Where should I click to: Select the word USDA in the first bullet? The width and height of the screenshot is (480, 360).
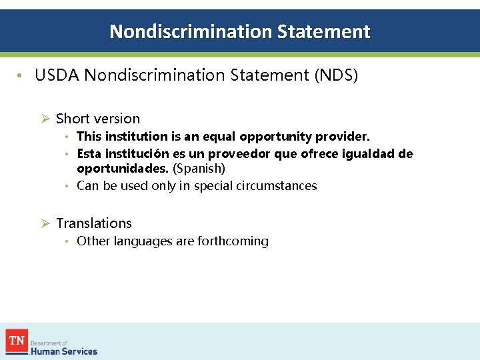point(57,76)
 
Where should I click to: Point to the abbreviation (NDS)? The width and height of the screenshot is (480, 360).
point(336,76)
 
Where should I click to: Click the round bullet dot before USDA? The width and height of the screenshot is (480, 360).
point(21,76)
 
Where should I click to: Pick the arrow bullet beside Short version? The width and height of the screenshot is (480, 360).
point(45,119)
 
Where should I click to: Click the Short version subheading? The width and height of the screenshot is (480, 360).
point(98,119)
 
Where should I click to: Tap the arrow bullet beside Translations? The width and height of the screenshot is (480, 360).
point(45,223)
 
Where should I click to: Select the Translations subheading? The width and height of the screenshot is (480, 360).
point(94,223)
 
